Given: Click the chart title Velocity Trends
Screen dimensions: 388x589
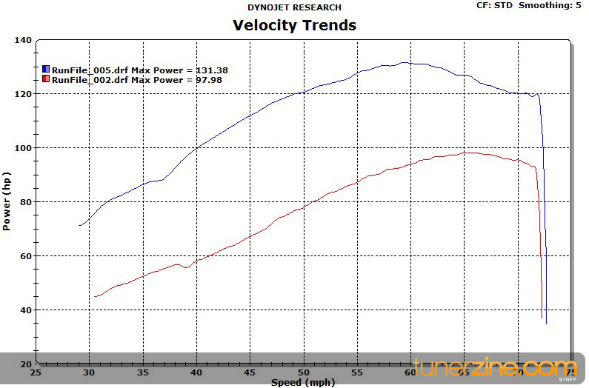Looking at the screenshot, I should click(x=294, y=25).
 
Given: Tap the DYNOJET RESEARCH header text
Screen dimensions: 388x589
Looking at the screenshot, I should click(x=294, y=7).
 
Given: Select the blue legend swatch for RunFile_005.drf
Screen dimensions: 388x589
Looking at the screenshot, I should click(x=46, y=70).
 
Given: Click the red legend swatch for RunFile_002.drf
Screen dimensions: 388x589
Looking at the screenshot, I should click(x=46, y=79).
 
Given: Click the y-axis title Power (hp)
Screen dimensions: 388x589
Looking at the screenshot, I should click(x=7, y=201).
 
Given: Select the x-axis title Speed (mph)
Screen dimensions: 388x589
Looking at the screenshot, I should click(x=302, y=382).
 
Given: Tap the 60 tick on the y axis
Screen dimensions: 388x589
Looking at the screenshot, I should click(x=24, y=256).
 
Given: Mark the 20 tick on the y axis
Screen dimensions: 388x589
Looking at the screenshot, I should click(x=24, y=364).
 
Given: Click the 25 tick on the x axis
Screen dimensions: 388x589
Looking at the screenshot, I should click(x=36, y=372).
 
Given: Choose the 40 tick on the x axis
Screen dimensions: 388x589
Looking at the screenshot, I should click(x=196, y=372).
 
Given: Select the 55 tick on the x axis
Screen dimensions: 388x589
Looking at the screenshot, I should click(x=357, y=372).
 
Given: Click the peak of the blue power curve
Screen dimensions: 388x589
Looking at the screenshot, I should click(x=404, y=63).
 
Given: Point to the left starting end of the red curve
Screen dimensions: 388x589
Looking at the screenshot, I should click(x=95, y=296).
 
